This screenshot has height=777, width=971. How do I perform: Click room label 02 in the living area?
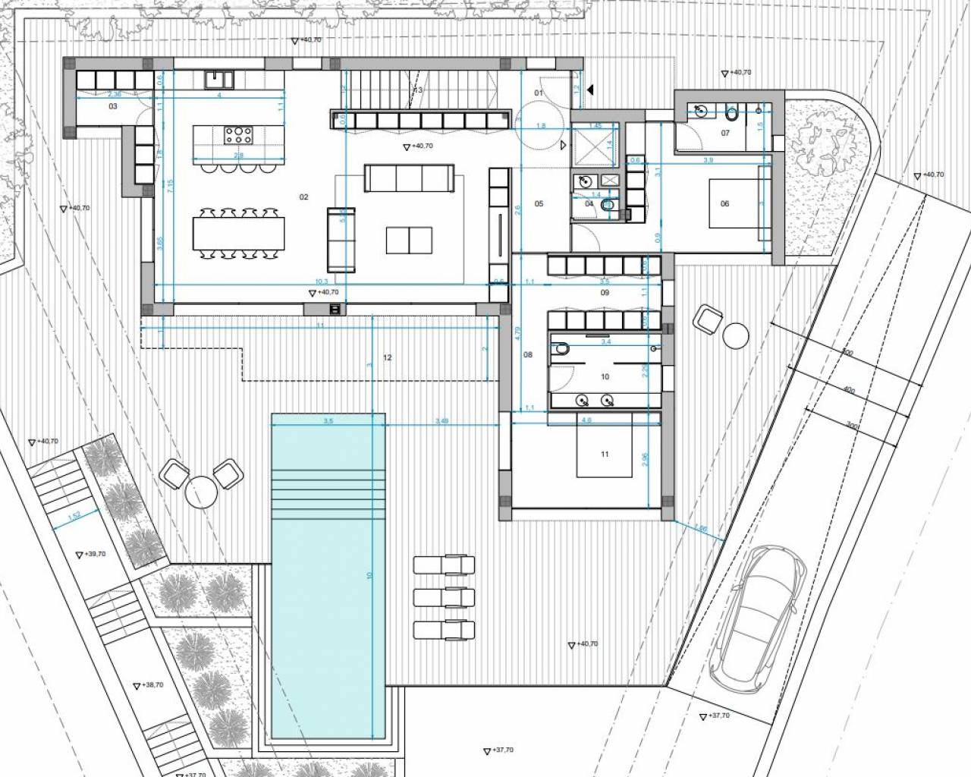tap(304, 197)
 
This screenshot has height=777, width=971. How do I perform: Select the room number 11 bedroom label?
tap(605, 455)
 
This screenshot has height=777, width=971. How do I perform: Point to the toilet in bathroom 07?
tap(731, 114)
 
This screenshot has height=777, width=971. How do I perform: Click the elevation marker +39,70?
tap(92, 555)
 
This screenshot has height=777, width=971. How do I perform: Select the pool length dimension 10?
tap(370, 575)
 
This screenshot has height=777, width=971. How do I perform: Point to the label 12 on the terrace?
tap(388, 357)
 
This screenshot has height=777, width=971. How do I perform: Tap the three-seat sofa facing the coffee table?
tap(410, 179)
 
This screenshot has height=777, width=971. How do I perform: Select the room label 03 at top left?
tap(113, 107)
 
